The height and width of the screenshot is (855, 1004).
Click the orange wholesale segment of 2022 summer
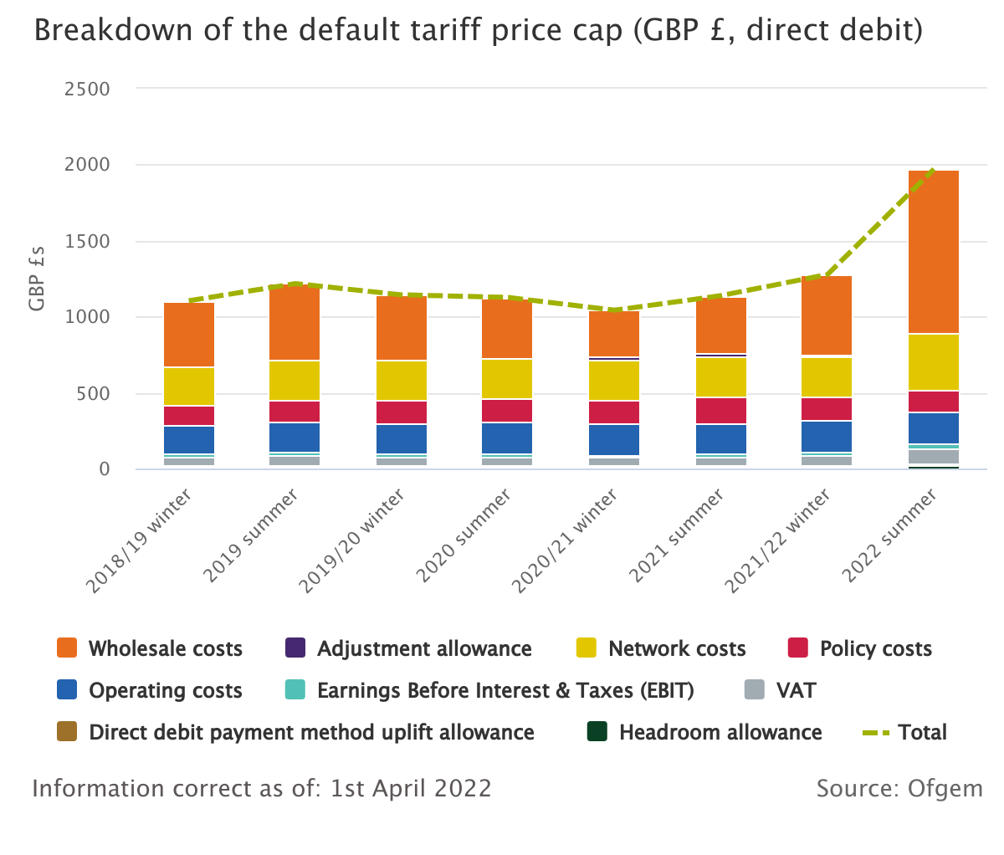(x=933, y=251)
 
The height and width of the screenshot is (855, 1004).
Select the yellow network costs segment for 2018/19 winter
(x=189, y=387)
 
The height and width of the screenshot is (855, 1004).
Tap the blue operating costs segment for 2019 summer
(x=295, y=437)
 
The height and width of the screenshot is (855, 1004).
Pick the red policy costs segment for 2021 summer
(x=721, y=411)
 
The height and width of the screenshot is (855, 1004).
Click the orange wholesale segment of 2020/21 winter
(x=614, y=334)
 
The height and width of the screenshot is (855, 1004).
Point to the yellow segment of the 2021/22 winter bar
(x=827, y=377)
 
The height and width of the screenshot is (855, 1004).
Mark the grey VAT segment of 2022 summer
(x=933, y=457)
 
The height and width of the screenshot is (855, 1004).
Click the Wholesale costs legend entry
(x=165, y=649)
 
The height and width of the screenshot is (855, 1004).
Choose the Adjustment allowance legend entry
(x=423, y=649)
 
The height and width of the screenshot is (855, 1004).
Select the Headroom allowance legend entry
(x=720, y=733)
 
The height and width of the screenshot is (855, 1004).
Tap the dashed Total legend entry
(x=921, y=733)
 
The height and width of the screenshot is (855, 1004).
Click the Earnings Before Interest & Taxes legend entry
(x=505, y=691)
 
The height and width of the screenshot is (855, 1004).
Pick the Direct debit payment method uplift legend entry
(x=310, y=733)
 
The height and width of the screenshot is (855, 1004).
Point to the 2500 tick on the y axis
(x=87, y=90)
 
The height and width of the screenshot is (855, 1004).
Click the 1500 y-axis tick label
(x=87, y=242)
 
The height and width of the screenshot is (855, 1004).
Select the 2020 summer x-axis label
(x=464, y=537)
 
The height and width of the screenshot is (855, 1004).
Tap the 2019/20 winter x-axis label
(x=352, y=542)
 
